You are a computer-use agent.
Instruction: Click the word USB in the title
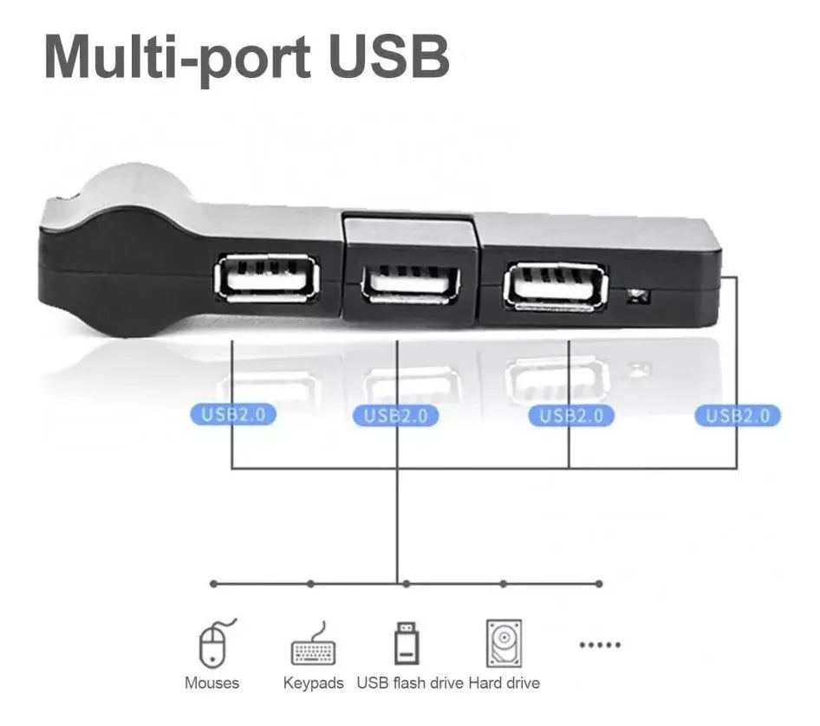coord(389,56)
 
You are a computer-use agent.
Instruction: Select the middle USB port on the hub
coord(411,285)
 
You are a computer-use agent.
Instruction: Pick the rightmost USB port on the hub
coord(555,288)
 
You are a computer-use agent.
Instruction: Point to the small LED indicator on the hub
coord(637,297)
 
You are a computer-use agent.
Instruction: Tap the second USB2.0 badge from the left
coord(395,416)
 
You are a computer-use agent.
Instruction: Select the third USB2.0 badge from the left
coord(570,416)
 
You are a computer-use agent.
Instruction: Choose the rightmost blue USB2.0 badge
coord(738,416)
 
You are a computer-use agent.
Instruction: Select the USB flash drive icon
coord(407,643)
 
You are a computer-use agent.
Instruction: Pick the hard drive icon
coord(504,644)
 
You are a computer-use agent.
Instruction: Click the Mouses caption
coord(212,683)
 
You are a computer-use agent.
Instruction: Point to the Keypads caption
coord(313,684)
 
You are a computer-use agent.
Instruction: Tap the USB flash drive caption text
coord(410,683)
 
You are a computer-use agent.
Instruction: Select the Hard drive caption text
coord(504,683)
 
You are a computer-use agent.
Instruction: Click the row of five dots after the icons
coord(600,645)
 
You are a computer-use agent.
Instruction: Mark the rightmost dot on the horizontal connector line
coord(599,583)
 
